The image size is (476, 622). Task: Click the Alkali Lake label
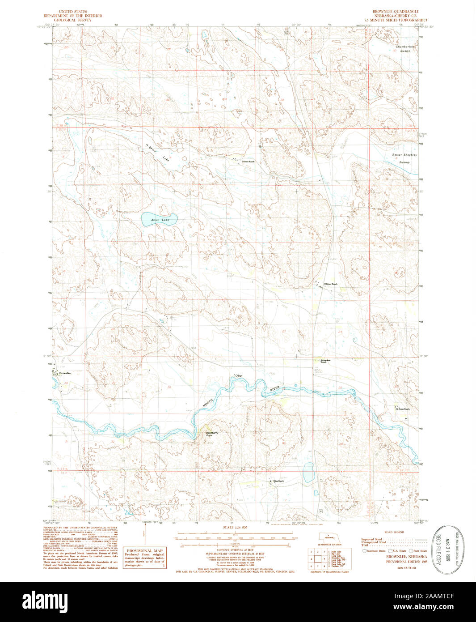[160, 220]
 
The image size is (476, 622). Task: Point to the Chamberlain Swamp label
[405, 49]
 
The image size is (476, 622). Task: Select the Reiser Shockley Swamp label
[404, 158]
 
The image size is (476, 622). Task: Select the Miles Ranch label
[278, 481]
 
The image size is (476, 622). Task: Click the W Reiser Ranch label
[402, 409]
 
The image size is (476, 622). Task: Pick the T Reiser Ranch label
[248, 161]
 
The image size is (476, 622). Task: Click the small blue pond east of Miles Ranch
[308, 473]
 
